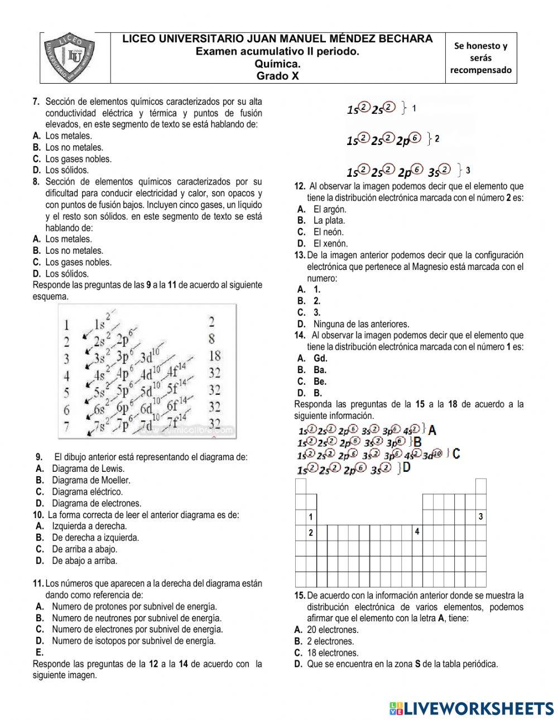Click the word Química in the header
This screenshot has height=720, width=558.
(277, 64)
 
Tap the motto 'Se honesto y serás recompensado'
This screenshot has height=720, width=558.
(480, 58)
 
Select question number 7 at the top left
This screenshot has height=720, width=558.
(36, 102)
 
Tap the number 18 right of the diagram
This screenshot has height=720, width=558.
(214, 355)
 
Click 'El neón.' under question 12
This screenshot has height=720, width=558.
(329, 232)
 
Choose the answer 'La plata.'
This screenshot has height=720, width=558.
(329, 220)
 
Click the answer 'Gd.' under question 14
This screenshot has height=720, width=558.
(320, 359)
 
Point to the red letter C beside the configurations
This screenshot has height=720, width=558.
(456, 453)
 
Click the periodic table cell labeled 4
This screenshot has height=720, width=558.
(417, 532)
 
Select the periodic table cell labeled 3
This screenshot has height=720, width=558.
(480, 517)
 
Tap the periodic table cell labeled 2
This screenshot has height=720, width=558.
(311, 533)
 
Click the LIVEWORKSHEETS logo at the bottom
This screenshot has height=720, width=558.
(472, 708)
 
